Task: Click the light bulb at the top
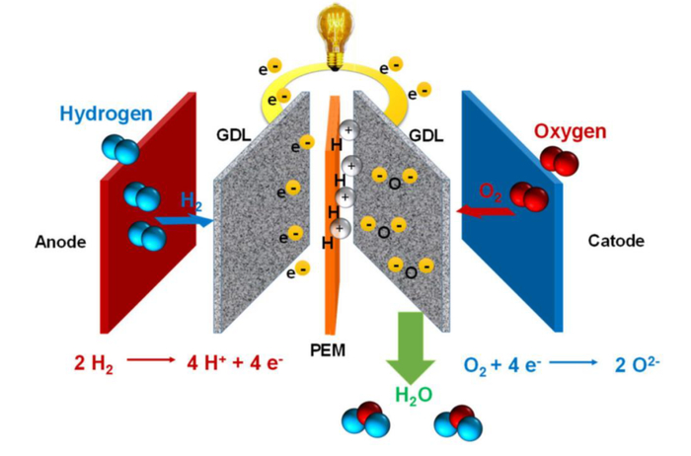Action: coord(336,38)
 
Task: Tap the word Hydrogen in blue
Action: coord(107,114)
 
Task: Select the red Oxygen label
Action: coord(571,131)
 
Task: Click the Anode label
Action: coord(60,242)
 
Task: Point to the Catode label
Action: coord(616,241)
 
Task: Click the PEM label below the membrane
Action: coord(328,350)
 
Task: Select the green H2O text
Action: coord(414,395)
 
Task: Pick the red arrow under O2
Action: coord(486,212)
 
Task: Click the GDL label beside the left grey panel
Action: coord(234,135)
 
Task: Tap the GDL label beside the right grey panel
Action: coord(426,135)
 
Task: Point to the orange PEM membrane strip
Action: coord(333,216)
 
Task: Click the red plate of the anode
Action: coord(148,212)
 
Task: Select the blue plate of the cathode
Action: coord(512,211)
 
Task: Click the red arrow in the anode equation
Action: coord(151,360)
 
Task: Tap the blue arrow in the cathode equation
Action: coord(573,362)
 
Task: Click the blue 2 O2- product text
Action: coord(637,365)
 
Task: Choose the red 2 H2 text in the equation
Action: coord(94,364)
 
